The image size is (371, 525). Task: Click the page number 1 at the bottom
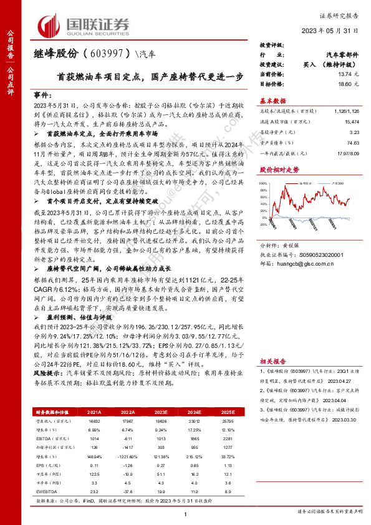[185, 513]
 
